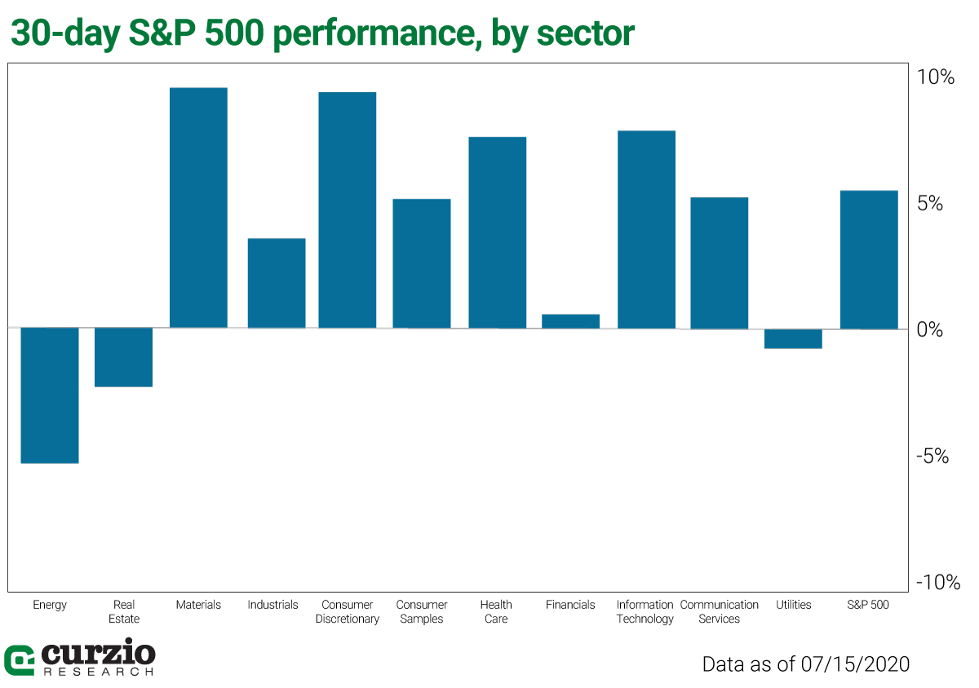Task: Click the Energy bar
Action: (x=49, y=395)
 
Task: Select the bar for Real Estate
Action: (x=124, y=357)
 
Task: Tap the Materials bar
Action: (x=198, y=208)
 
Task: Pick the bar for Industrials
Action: (x=277, y=283)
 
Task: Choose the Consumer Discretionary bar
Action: (x=348, y=210)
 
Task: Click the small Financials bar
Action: (x=571, y=321)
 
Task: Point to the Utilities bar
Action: (x=794, y=338)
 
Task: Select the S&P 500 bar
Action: (x=869, y=259)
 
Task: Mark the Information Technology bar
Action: (x=646, y=229)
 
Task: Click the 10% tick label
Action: (x=935, y=77)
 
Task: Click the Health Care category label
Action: (x=496, y=611)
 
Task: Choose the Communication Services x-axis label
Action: (x=719, y=611)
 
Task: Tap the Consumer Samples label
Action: (x=422, y=611)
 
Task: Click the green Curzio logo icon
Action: (x=19, y=660)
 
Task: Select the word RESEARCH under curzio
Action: (x=97, y=672)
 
